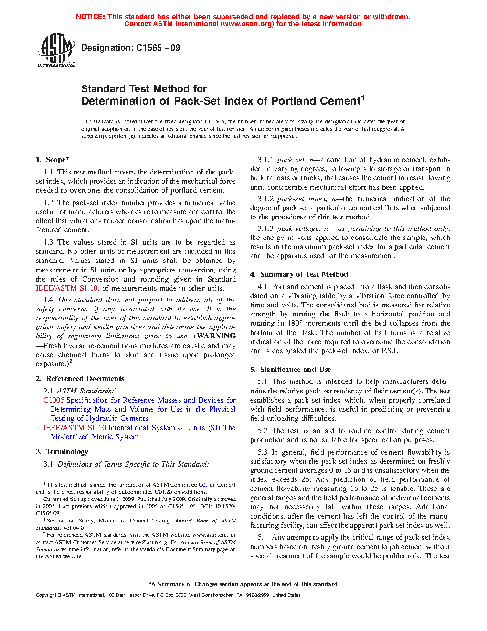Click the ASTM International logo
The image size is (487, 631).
tap(56, 50)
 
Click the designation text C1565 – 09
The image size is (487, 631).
tap(158, 48)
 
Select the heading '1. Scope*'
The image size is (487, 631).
tap(53, 160)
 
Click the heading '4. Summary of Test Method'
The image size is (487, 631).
tap(299, 274)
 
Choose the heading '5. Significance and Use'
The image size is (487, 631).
tap(290, 370)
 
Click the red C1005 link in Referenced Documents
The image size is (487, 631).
tap(53, 400)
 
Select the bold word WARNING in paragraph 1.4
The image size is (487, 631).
tap(216, 336)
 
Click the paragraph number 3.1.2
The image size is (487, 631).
tap(265, 199)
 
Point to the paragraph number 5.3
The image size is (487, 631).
tap(262, 452)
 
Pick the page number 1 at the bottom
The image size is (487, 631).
tap(243, 607)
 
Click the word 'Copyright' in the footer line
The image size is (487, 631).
tap(46, 595)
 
